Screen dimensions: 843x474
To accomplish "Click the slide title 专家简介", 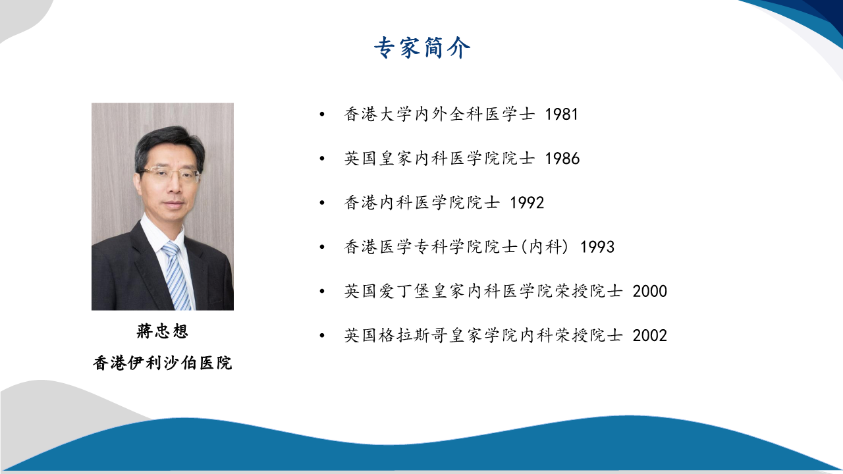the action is [422, 48].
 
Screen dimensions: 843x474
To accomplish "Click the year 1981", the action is [562, 115].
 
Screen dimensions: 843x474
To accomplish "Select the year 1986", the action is [562, 159].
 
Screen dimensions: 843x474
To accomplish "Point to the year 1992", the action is [527, 203].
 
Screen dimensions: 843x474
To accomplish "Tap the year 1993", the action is [597, 247].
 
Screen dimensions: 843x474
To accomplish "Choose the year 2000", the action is [650, 291].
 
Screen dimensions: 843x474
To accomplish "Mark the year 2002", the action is [650, 336].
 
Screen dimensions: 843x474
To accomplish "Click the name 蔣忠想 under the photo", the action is [162, 331].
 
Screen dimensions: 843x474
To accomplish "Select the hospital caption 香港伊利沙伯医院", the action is [162, 363].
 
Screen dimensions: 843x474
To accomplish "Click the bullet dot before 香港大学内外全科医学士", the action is [322, 115].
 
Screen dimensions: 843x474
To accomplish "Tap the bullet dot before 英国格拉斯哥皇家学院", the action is [322, 336].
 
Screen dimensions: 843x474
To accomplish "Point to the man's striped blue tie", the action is [177, 275].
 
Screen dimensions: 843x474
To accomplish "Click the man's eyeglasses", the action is [169, 175].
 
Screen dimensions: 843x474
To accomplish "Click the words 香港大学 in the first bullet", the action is [379, 115].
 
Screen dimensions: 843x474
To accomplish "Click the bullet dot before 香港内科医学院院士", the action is [322, 203].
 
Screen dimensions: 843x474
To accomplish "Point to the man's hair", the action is [169, 143].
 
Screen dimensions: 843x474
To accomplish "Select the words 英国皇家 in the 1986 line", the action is [379, 159].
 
